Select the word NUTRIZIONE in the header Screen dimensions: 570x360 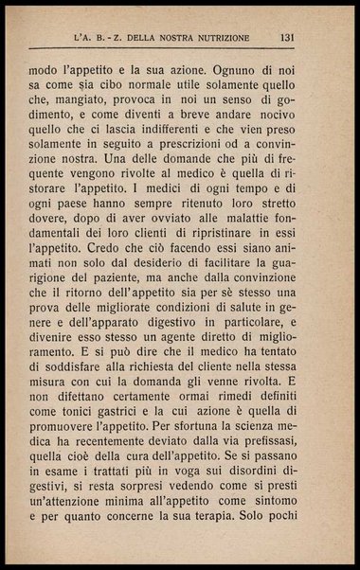(x=215, y=39)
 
